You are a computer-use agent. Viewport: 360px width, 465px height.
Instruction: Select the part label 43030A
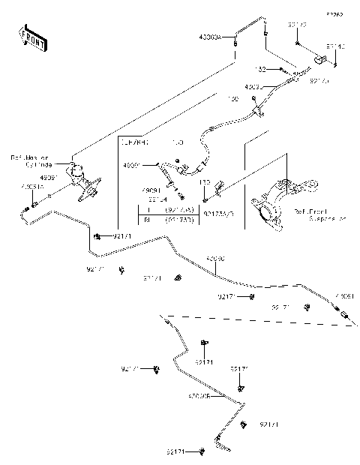[x=211, y=37]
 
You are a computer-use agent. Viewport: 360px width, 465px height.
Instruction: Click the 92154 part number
[x=157, y=199]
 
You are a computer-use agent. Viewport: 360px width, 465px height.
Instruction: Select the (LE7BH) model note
[x=136, y=141]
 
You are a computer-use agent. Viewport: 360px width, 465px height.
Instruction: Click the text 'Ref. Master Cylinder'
[x=29, y=161]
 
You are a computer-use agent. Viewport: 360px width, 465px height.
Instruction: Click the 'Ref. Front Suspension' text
[x=320, y=216]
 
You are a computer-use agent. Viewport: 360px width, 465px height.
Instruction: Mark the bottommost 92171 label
[x=178, y=451]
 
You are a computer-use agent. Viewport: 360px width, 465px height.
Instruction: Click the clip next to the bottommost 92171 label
[x=204, y=451]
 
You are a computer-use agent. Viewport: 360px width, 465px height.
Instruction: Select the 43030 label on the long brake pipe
[x=215, y=259]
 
